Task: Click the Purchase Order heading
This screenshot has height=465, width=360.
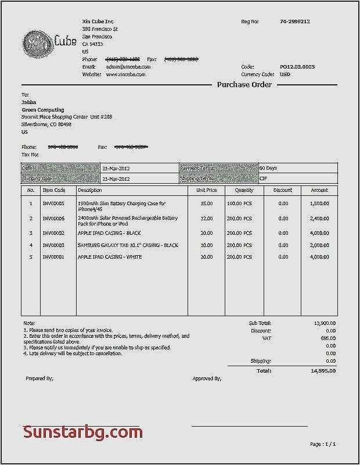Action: pyautogui.click(x=244, y=85)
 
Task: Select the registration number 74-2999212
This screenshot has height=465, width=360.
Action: pyautogui.click(x=295, y=22)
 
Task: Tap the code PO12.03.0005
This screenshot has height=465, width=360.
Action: pyautogui.click(x=297, y=67)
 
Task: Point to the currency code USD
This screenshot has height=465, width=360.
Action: pyautogui.click(x=285, y=74)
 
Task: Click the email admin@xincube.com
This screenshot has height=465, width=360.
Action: pyautogui.click(x=128, y=67)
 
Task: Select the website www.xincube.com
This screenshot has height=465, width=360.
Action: pyautogui.click(x=128, y=74)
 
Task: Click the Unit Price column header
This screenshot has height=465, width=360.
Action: pyautogui.click(x=206, y=190)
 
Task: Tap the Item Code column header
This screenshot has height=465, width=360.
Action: pyautogui.click(x=54, y=190)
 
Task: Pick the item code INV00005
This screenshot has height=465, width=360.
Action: pyautogui.click(x=54, y=203)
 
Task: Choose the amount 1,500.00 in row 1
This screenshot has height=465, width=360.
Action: pyautogui.click(x=319, y=203)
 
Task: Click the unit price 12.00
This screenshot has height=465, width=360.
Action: pyautogui.click(x=206, y=219)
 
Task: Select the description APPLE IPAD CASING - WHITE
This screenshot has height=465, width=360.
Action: pyautogui.click(x=110, y=257)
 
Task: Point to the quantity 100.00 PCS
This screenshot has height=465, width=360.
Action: pyautogui.click(x=239, y=203)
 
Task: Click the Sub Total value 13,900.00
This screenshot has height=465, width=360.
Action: pyautogui.click(x=323, y=323)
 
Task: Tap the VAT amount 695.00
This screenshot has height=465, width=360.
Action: pyautogui.click(x=327, y=338)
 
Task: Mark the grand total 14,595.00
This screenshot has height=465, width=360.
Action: pyautogui.click(x=323, y=370)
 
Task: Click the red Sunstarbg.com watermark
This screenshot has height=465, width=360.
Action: pyautogui.click(x=82, y=432)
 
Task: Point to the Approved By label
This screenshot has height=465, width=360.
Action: pyautogui.click(x=207, y=378)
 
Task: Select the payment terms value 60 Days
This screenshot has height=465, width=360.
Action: pyautogui.click(x=268, y=168)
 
